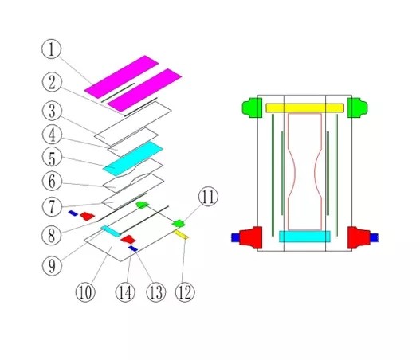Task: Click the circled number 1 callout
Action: [52, 49]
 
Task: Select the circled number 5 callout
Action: [52, 158]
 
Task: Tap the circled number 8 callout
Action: [52, 236]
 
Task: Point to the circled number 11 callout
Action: [208, 196]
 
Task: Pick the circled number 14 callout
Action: [125, 292]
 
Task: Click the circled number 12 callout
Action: [185, 292]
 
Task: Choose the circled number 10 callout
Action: [85, 292]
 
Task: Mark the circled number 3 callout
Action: [52, 111]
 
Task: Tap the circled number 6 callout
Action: [52, 182]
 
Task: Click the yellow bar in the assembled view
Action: [304, 108]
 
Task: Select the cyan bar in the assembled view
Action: [304, 237]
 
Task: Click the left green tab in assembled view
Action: [252, 108]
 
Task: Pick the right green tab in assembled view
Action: [358, 108]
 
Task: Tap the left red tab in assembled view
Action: [251, 237]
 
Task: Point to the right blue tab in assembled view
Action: [375, 237]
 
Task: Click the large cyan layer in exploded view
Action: [133, 158]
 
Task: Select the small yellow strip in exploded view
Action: [181, 235]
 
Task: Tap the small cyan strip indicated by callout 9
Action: [111, 231]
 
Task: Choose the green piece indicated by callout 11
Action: [179, 223]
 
